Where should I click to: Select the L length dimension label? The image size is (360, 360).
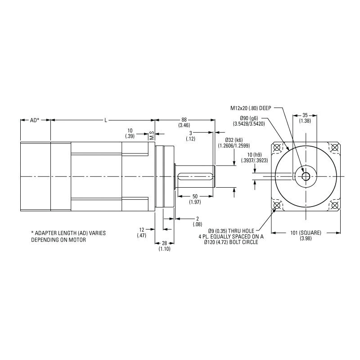tap(105, 121)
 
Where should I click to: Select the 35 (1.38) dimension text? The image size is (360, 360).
tap(306, 118)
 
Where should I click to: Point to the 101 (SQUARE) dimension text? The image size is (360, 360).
tap(306, 235)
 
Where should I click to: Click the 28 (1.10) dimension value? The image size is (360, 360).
tap(163, 245)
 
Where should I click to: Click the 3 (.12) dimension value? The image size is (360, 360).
tap(190, 136)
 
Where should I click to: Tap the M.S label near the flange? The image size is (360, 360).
tap(152, 135)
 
